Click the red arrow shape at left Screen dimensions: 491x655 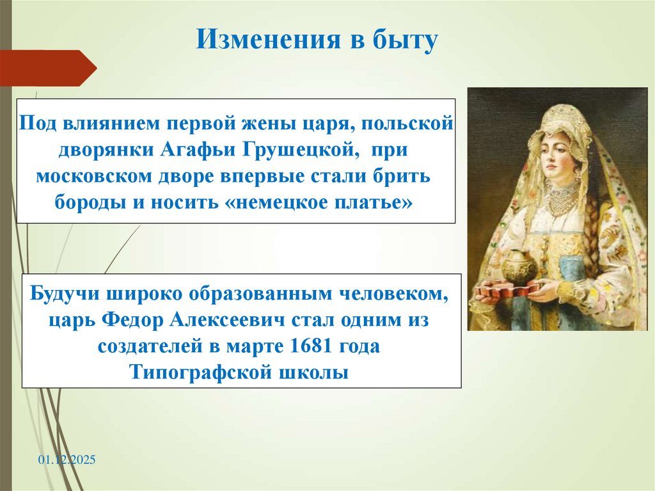point(47,68)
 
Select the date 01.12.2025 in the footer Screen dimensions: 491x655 point(66,460)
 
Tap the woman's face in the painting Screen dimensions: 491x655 point(557,150)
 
